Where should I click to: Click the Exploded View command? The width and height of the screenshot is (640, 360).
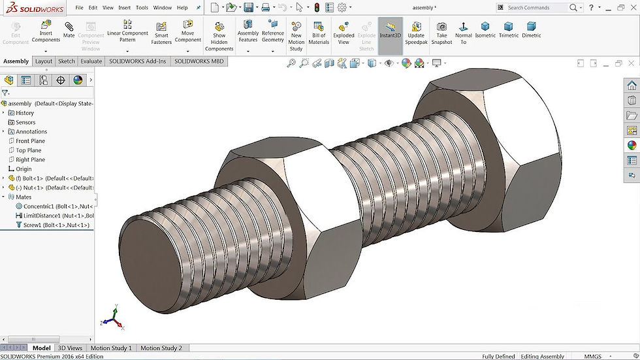tap(344, 33)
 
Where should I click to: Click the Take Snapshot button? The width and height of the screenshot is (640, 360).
tap(441, 33)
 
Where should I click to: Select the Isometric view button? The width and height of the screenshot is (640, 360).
tap(485, 30)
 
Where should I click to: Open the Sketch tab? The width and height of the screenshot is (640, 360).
tap(67, 61)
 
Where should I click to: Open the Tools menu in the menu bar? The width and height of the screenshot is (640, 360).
tap(142, 8)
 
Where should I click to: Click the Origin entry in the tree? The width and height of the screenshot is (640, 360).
tap(24, 169)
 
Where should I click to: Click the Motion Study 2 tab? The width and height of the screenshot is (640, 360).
tap(161, 348)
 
